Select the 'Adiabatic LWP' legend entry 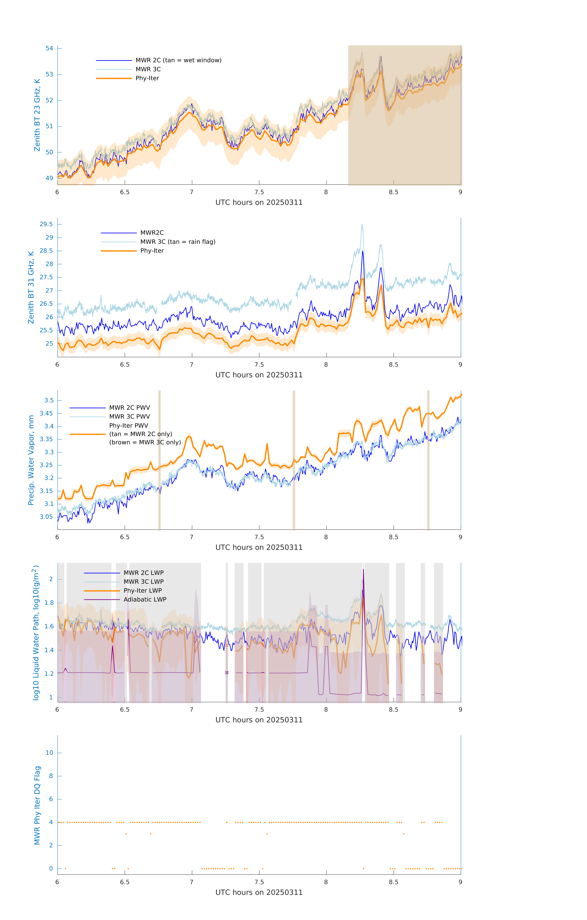coord(145,599)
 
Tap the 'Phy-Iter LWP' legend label coord(143,591)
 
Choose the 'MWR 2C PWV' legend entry coord(130,408)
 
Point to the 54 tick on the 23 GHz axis coord(49,48)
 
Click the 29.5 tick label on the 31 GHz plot coord(46,224)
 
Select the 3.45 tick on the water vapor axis coord(46,413)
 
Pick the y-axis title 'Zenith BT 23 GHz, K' coord(37,115)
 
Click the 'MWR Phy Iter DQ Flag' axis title coord(37,805)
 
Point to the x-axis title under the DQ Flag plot coord(259,893)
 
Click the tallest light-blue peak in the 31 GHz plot coord(362,225)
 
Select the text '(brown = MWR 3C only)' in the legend coord(145,442)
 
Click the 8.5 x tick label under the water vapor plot coord(393,537)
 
